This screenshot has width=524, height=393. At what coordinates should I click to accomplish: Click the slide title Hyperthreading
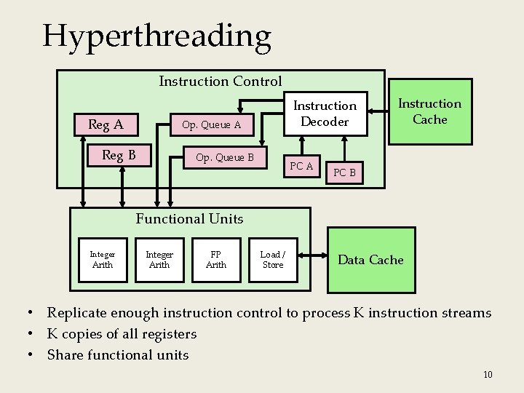pos(156,36)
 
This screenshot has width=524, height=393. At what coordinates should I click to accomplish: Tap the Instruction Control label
pos(220,81)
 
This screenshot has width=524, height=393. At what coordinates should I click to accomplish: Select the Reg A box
pos(106,125)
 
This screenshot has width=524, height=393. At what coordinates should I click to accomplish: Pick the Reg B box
pos(119,155)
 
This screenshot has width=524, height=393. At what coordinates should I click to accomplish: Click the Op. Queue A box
pos(211,125)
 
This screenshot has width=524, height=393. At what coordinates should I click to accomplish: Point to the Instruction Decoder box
pos(325,114)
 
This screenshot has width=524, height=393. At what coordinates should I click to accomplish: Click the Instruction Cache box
pos(429,111)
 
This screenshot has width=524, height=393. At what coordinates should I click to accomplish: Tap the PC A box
pos(301,167)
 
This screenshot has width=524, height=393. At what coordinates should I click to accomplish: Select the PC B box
pos(344,172)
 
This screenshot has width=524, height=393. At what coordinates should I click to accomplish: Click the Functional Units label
pos(189,218)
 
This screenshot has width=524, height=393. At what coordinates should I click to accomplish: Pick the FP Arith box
pos(216,260)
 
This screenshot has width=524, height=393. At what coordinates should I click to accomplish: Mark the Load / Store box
pos(273,260)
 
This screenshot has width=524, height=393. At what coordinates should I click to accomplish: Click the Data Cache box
pos(371,260)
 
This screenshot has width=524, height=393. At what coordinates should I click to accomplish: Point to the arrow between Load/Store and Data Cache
pos(311,255)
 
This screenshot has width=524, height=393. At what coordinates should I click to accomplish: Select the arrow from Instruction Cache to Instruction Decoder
pos(379,111)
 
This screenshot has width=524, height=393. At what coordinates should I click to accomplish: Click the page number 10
pos(488,374)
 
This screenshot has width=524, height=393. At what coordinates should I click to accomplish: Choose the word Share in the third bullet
pos(64,355)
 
